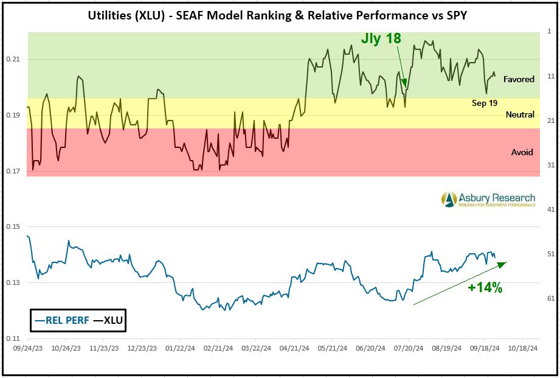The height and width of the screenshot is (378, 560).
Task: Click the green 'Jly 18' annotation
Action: [x=381, y=38]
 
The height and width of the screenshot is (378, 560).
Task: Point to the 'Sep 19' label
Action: [x=485, y=103]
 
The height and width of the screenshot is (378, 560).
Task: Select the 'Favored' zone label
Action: [x=519, y=79]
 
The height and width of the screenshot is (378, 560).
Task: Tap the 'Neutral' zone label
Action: [x=520, y=114]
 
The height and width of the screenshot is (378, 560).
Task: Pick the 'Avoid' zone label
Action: [x=522, y=152]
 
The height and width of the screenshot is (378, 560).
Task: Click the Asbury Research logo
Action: [x=488, y=199]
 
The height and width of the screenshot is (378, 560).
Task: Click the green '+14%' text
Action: [x=485, y=289]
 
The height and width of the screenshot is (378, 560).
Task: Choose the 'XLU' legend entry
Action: [x=107, y=320]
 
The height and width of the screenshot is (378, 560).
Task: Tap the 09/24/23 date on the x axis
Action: [x=28, y=349]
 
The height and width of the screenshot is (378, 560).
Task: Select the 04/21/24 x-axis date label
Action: [x=293, y=349]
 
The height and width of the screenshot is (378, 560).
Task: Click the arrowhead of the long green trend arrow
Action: [x=503, y=263]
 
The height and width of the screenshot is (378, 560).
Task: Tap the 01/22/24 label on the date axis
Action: [x=179, y=349]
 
